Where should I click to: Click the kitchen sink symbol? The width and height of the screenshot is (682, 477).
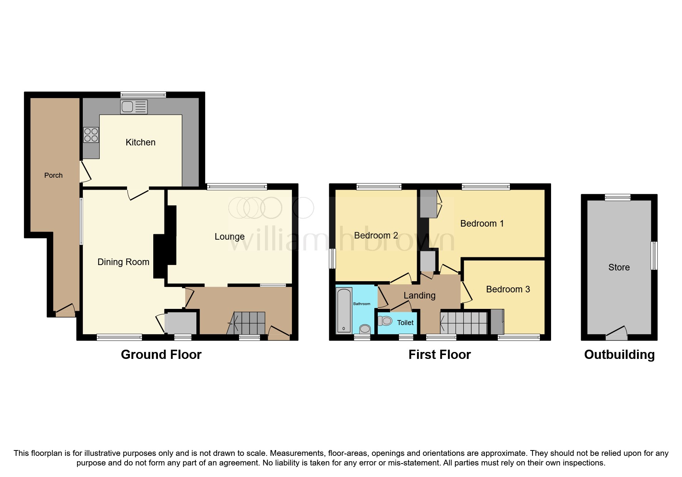pos(134,107)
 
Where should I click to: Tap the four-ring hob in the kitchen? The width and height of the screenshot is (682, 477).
pos(91,135)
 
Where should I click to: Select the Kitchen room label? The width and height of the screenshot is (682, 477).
pos(141,142)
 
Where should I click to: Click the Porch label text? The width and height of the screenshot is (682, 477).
pos(53,175)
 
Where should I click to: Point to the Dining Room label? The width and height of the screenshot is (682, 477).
pos(123,262)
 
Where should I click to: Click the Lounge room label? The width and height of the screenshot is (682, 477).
pos(230,237)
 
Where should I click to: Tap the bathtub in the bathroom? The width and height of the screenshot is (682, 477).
pos(344,310)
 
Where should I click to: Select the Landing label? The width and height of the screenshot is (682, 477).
pos(419,295)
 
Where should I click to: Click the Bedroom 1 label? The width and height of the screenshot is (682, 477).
pos(482,223)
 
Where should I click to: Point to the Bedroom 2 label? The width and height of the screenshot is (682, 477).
pos(376,235)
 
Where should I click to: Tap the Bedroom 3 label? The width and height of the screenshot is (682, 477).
pos(508,289)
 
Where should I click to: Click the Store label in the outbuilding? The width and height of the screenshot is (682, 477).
pos(619,267)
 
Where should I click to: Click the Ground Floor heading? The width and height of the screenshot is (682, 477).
pos(161,354)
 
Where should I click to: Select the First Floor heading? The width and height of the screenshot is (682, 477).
pos(439,354)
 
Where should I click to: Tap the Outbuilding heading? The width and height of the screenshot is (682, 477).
pos(619,354)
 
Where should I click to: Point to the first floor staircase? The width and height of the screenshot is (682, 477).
pos(464,323)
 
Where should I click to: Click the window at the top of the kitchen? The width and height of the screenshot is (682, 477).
pos(143,94)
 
